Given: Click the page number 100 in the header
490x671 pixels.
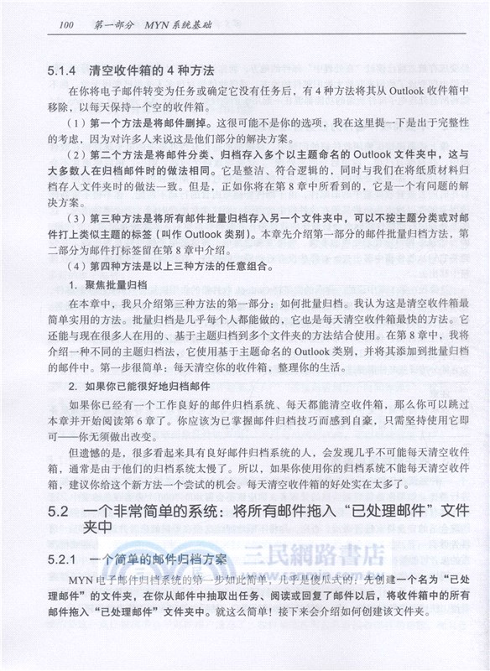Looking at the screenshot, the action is coord(64,25).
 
